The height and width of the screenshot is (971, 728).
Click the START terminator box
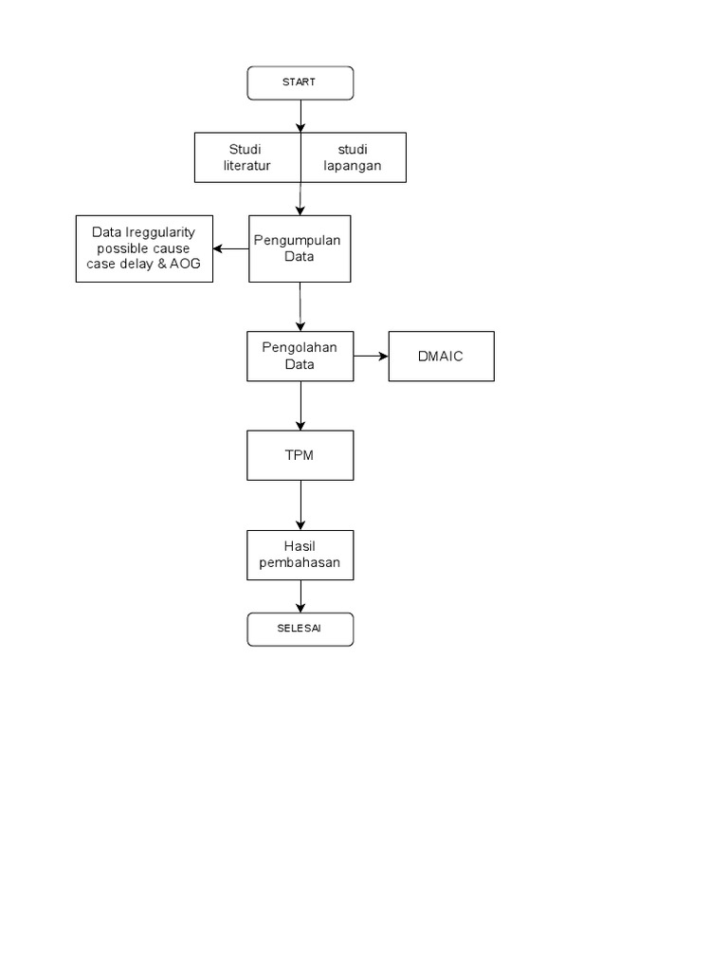300,82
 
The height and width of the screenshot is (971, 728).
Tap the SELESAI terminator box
300,629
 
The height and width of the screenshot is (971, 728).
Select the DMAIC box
441,356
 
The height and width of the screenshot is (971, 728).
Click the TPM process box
300,455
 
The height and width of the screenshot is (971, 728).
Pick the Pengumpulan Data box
300,248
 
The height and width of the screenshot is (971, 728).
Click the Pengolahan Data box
300,356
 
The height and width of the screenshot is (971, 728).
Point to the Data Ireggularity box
144,248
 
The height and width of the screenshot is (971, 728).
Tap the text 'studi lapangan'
352,157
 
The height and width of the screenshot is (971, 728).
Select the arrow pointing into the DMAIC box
371,356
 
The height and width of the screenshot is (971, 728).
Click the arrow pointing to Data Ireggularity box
230,249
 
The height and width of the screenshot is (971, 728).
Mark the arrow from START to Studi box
300,116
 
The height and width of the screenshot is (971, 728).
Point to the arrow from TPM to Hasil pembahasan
300,504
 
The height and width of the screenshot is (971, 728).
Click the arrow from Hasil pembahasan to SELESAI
300,596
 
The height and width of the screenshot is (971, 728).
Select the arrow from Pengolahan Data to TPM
300,406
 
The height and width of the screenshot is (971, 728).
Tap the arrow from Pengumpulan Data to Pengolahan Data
300,306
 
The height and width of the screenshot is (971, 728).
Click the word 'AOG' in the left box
186,264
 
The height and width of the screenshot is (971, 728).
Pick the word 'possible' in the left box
120,248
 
